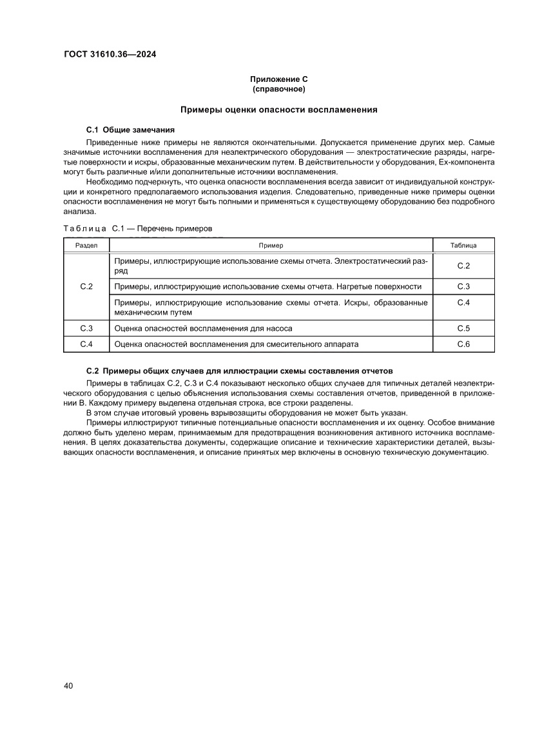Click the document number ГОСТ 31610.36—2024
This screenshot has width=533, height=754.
coord(110,54)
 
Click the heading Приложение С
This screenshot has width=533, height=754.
coord(278,79)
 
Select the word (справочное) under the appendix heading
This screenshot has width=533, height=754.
coord(278,88)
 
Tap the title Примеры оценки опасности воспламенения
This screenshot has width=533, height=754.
coord(278,110)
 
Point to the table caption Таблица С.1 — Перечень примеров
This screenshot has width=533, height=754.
coord(137,228)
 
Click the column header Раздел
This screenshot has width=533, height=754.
coord(86,246)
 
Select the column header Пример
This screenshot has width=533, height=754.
coord(271,246)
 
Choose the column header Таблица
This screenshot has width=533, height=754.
coord(463,246)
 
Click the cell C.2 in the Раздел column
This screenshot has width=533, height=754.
coord(86,286)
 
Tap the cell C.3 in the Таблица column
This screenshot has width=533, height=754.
coord(463,286)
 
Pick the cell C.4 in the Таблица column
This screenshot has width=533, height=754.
coord(463,302)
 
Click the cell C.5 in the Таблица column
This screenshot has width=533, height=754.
coord(463,328)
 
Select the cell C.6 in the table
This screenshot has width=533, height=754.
coord(463,344)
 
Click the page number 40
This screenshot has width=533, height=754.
coord(68,686)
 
